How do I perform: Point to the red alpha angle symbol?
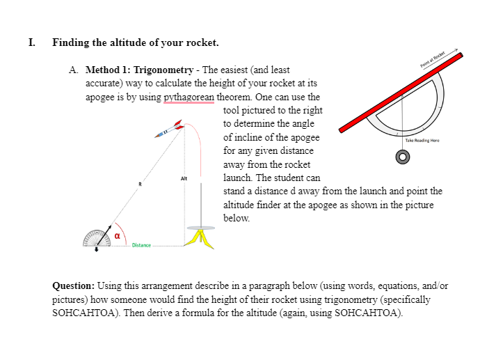click(118, 236)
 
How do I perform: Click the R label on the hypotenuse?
click(140, 184)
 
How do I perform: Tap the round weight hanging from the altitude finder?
click(401, 158)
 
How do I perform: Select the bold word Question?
click(74, 286)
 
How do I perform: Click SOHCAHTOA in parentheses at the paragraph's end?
click(368, 313)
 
